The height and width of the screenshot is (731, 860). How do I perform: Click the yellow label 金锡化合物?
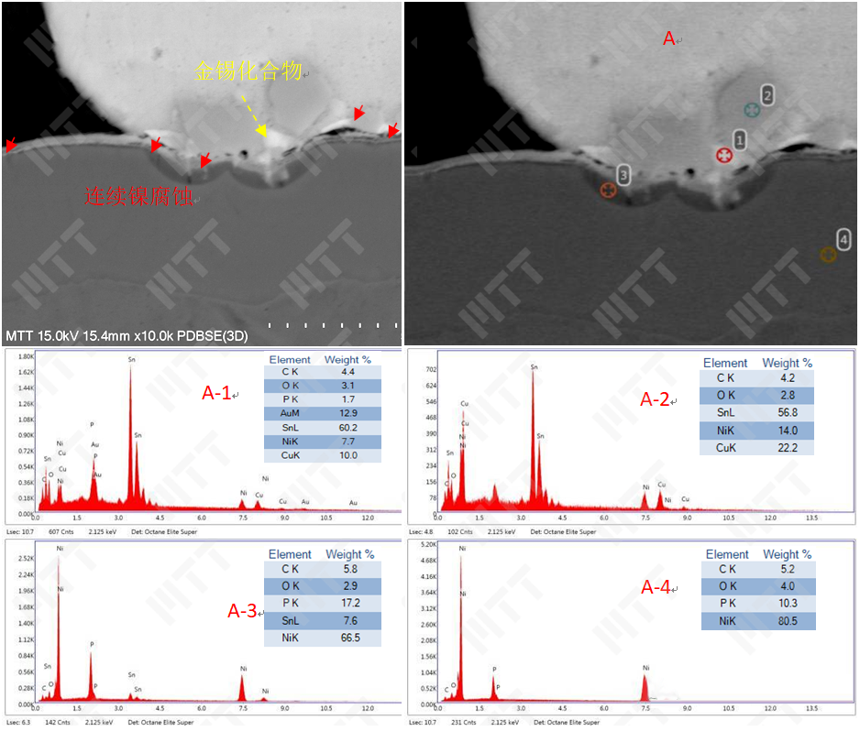[248, 71]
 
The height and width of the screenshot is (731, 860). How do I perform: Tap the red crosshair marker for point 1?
[724, 156]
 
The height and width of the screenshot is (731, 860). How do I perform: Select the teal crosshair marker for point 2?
[752, 110]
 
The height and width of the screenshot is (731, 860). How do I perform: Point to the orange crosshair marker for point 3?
[607, 191]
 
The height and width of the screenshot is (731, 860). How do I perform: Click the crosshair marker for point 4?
[827, 255]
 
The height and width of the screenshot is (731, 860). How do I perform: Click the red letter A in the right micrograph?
[669, 38]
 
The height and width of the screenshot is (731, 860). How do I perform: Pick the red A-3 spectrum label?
[243, 611]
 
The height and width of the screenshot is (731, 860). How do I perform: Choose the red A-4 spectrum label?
[656, 587]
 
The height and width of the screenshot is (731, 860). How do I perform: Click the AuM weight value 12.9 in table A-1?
[347, 412]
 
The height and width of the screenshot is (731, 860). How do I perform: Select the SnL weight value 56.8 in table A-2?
[787, 412]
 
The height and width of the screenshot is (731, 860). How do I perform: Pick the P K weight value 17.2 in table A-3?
[350, 604]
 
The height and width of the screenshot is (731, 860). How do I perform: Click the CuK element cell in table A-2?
[725, 447]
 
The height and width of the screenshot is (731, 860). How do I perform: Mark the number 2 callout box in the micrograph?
[767, 94]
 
